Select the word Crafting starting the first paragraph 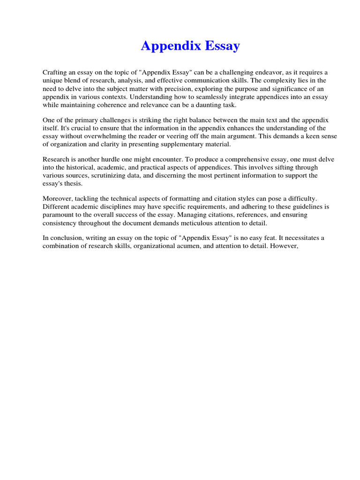pyautogui.click(x=55, y=72)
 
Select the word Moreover pyautogui.click(x=57, y=198)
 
